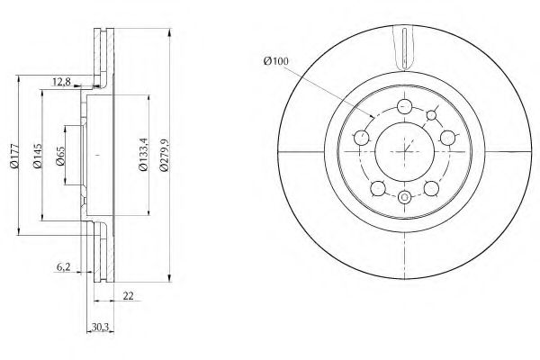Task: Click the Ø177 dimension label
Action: pos(14,156)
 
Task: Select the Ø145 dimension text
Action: pos(37,156)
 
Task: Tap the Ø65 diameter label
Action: pos(60,156)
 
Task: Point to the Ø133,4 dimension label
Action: pos(143,154)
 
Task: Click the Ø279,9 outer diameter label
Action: pos(164,155)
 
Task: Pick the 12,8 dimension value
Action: pos(61,82)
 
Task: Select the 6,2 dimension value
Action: pos(63,266)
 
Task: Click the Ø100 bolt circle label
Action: pos(275,61)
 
